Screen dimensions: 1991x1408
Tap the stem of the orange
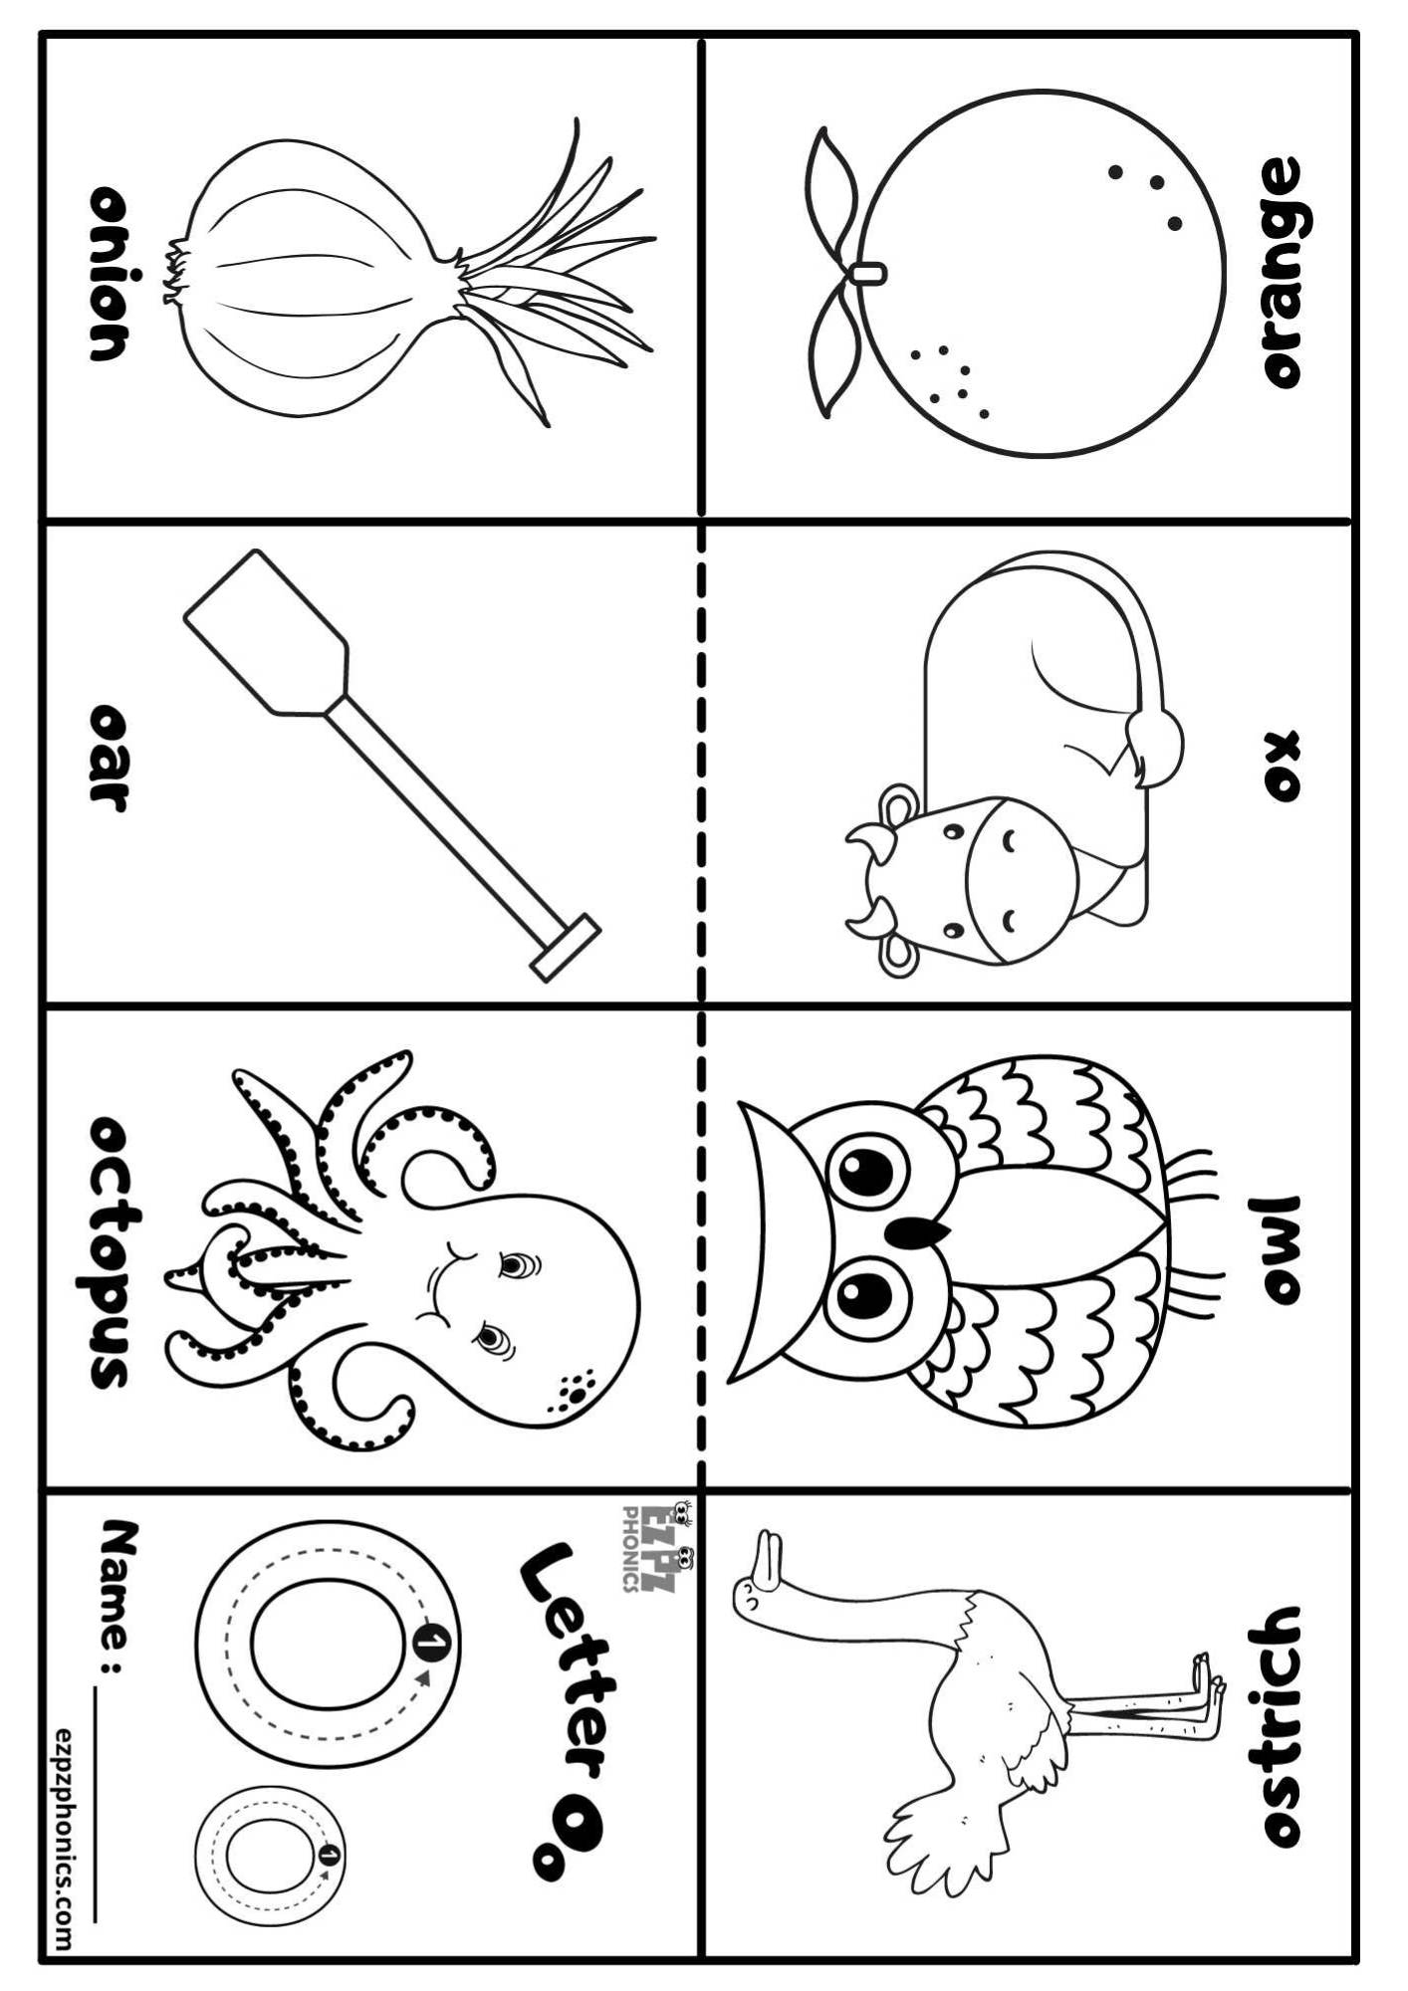[x=868, y=271]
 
